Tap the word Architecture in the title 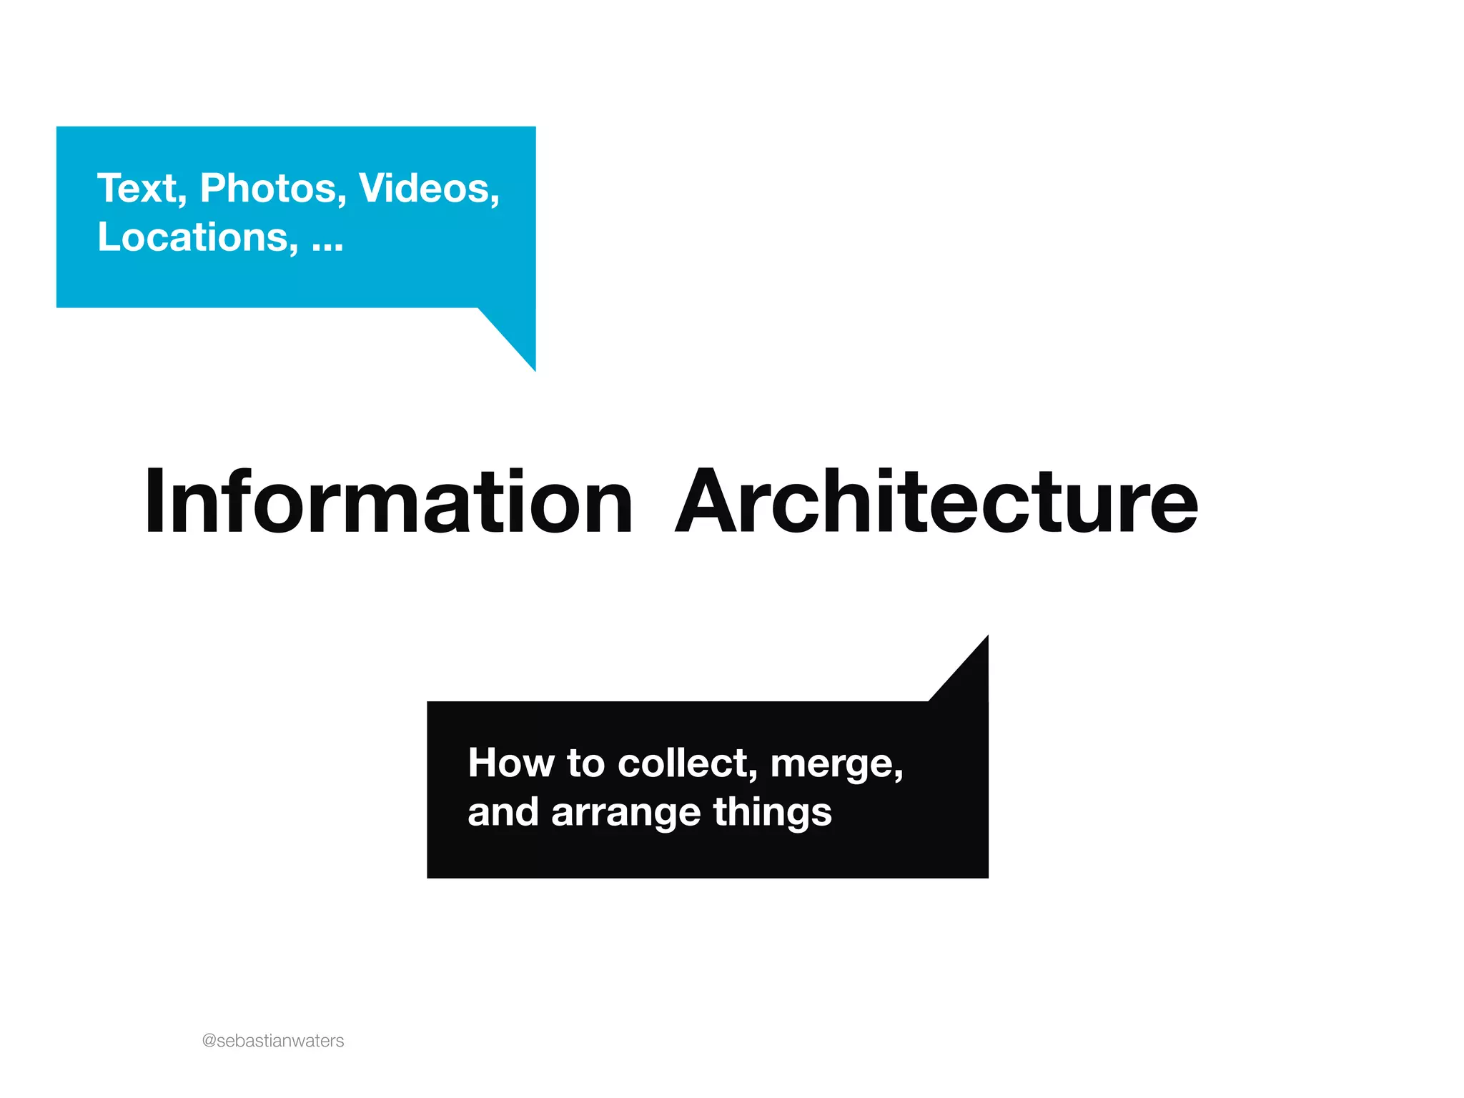936,502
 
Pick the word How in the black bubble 510,763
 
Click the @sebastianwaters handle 273,1041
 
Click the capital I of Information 154,502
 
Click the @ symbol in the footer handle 209,1041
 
